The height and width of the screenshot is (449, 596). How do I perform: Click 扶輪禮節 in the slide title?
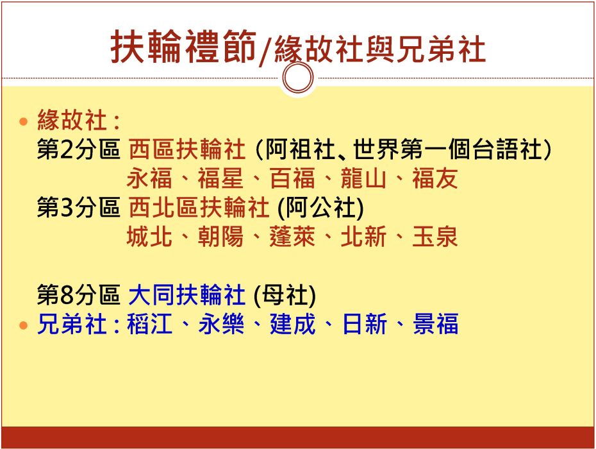[183, 47]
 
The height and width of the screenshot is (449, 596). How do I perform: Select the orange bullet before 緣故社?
[24, 122]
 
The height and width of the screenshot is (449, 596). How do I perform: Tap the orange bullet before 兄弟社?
[24, 326]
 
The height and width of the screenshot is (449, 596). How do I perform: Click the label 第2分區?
[78, 149]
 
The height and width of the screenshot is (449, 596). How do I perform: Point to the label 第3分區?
[78, 207]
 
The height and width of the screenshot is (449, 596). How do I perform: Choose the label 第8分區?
[78, 295]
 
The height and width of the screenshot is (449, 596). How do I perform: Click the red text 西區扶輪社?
[187, 149]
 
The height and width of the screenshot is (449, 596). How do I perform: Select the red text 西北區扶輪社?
[199, 207]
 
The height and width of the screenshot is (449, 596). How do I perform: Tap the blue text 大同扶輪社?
[187, 295]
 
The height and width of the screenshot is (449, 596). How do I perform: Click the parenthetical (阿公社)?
[321, 208]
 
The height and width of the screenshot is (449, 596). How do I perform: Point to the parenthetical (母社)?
[285, 295]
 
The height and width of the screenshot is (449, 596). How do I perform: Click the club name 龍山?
[363, 178]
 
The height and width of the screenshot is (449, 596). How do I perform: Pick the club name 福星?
[220, 178]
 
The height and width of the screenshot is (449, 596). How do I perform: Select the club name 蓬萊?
[292, 237]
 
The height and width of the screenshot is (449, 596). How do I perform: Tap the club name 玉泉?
[435, 237]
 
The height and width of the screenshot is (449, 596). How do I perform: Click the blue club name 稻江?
[150, 324]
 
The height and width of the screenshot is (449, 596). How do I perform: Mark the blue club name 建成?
[293, 324]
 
